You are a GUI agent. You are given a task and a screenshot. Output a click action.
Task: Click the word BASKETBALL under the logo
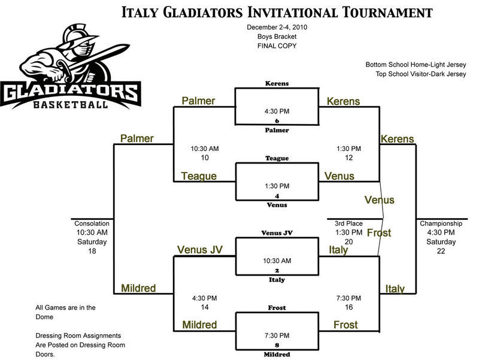point(71,104)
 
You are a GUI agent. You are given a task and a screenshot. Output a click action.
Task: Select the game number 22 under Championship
point(441,252)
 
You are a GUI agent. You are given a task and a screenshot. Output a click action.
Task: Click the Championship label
point(441,223)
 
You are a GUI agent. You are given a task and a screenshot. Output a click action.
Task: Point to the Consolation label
point(92,223)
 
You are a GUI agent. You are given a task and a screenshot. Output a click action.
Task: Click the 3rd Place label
point(347,223)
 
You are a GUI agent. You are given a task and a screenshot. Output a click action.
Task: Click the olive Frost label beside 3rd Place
point(378,232)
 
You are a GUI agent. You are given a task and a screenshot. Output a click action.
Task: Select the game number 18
point(92,252)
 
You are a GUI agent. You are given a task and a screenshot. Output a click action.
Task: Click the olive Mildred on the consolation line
point(138,288)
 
